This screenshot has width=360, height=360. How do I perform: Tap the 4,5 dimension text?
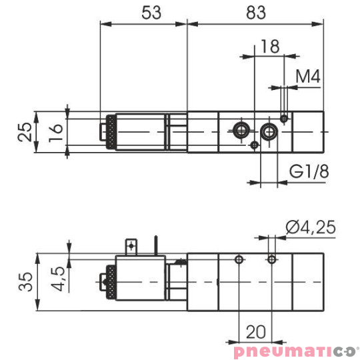pyautogui.click(x=58, y=279)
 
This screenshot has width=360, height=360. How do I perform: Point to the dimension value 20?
pyautogui.click(x=256, y=331)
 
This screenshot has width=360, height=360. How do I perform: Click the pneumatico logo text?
pyautogui.click(x=293, y=351)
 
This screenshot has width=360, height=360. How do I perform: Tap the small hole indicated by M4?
pyautogui.click(x=285, y=119)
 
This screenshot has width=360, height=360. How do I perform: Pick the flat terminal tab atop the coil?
pyautogui.click(x=132, y=246)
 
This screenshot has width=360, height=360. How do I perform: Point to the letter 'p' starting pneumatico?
pyautogui.click(x=238, y=352)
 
